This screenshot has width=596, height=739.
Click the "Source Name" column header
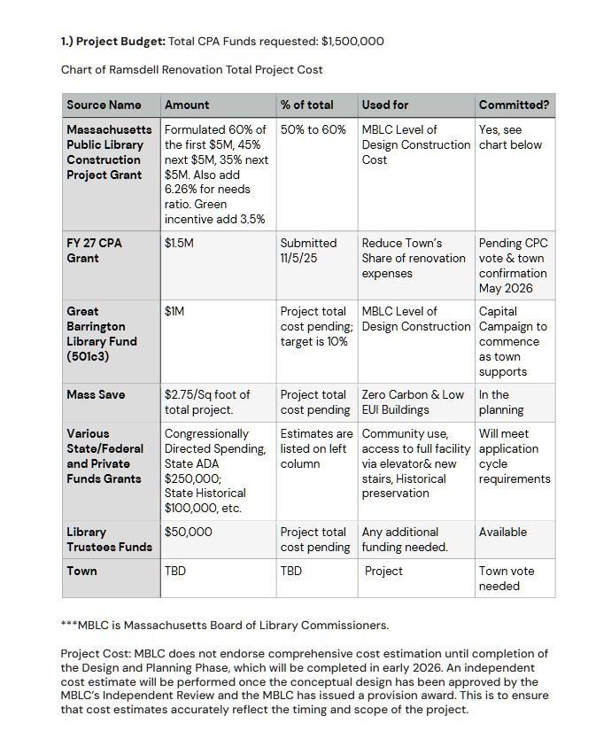coord(104,105)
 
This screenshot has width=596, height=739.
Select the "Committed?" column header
coord(514,105)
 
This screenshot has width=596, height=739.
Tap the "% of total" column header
coord(306,105)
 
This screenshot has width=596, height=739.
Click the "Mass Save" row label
coord(96,394)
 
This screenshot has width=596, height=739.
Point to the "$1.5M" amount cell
coord(179,243)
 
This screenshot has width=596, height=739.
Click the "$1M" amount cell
coord(175,311)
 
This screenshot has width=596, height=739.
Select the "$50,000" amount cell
coord(189,532)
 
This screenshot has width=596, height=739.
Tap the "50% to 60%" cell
coord(313,129)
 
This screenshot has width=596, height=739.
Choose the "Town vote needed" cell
coord(507,578)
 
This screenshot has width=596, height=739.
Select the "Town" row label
coord(82,571)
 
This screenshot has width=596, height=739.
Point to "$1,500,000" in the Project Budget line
coord(352,41)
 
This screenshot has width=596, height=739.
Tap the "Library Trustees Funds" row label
coord(109,539)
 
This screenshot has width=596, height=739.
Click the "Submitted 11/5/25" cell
coord(308,250)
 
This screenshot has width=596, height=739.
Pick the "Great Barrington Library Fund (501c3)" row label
coord(102,333)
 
